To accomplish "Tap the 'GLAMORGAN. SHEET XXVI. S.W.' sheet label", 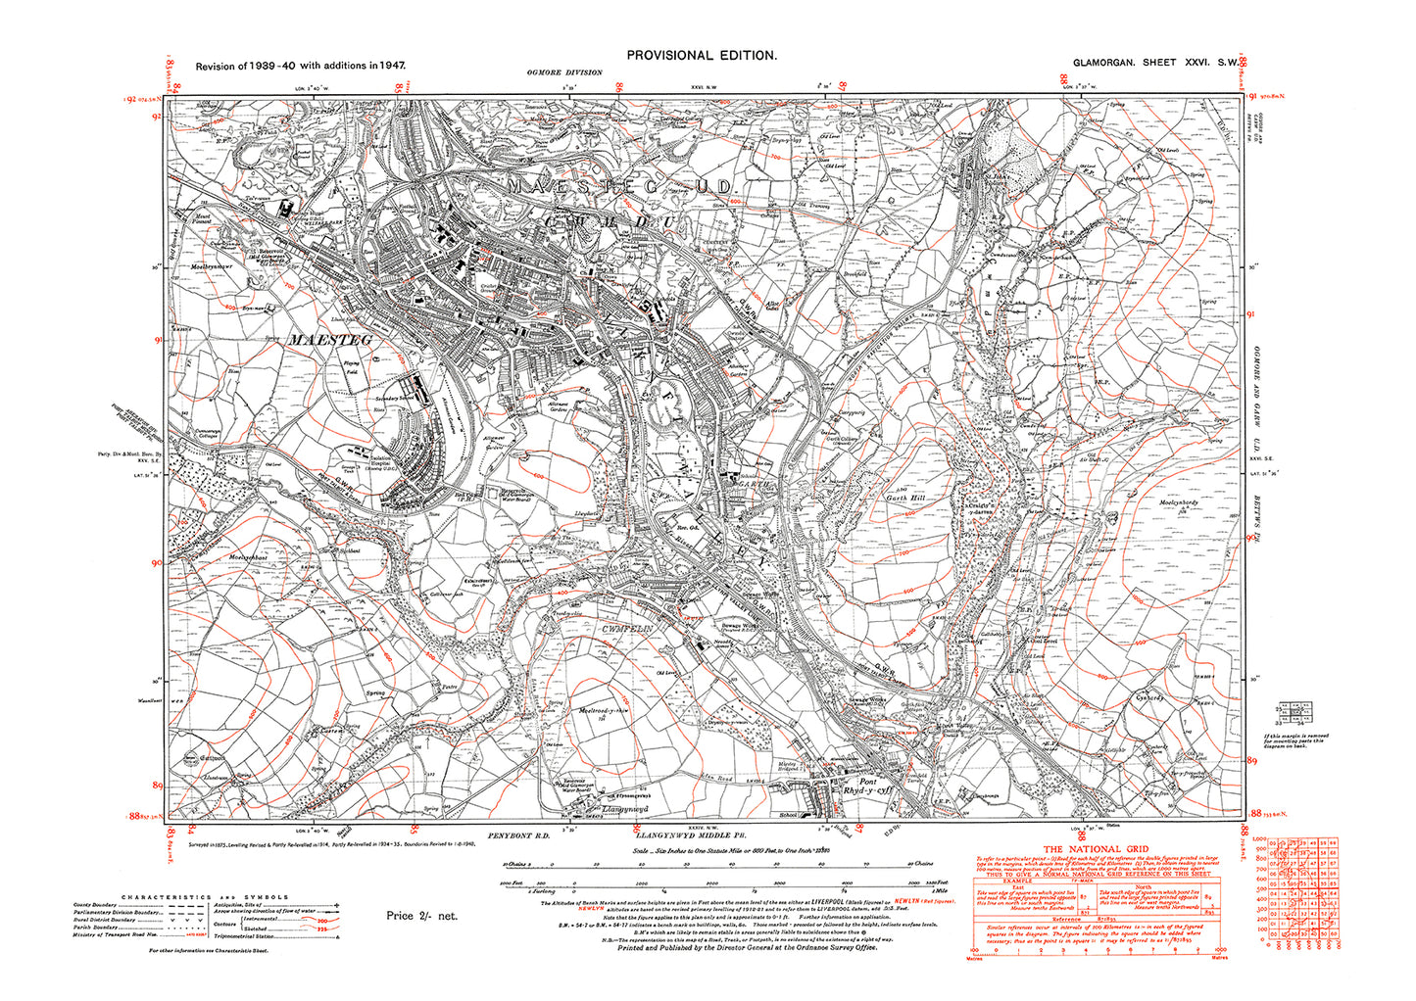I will pyautogui.click(x=1152, y=63).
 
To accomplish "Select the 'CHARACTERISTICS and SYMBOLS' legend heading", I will pyautogui.click(x=204, y=897).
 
